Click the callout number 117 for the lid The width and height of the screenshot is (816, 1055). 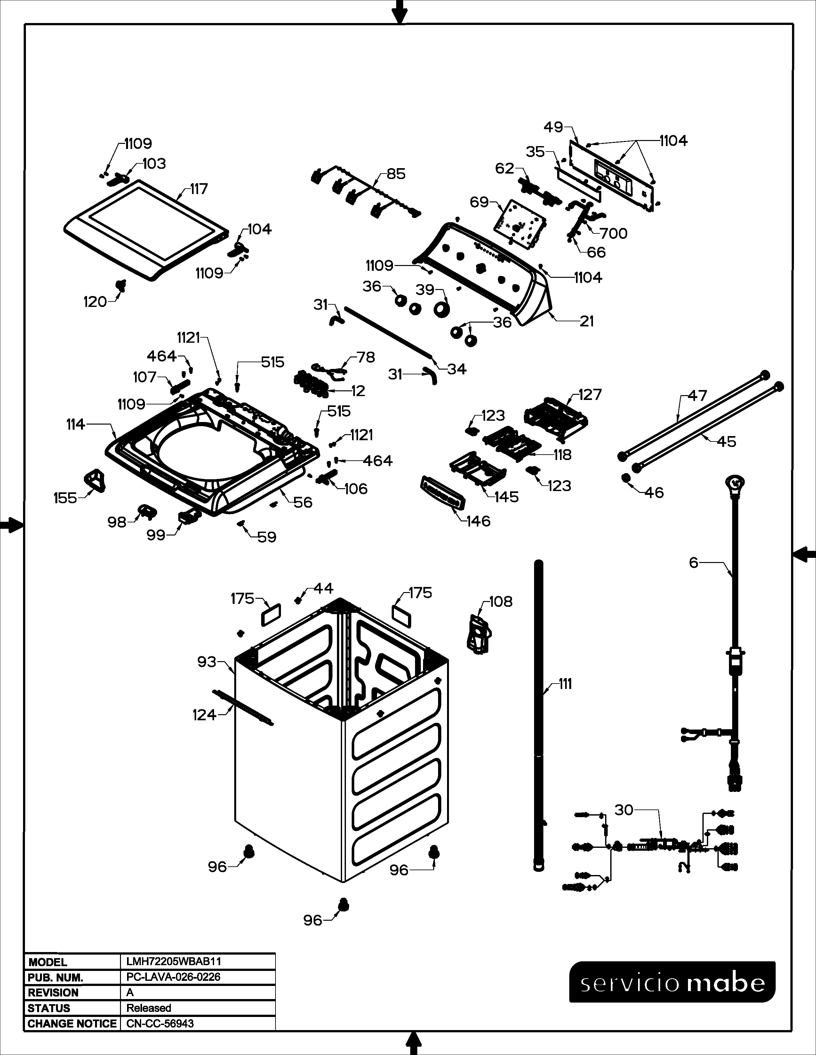pos(199,189)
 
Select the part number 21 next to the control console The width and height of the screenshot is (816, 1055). pos(586,321)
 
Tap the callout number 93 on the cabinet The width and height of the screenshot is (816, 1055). pos(206,662)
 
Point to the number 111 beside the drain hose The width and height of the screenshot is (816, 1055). pos(564,684)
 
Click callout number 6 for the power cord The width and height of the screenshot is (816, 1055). pos(694,563)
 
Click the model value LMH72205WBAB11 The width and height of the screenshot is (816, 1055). pos(173,962)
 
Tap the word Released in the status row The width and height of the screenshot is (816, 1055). pos(149,1008)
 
